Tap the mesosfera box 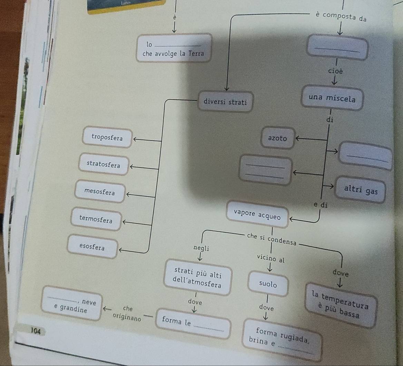[100, 192]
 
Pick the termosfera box [96, 219]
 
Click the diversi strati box [225, 102]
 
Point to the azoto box [277, 138]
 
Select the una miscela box [332, 98]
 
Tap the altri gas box [361, 190]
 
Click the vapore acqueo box [257, 214]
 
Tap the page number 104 [36, 331]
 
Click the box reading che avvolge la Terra [173, 49]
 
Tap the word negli [201, 248]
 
